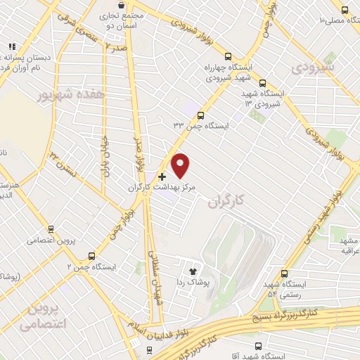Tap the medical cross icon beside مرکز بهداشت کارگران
pyautogui.click(x=162, y=176)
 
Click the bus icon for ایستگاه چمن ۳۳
pyautogui.click(x=200, y=115)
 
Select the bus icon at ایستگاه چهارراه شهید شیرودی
pyautogui.click(x=227, y=57)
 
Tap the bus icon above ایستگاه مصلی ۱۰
pyautogui.click(x=345, y=9)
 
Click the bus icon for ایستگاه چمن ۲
pyautogui.click(x=91, y=256)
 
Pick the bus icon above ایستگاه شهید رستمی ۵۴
pyautogui.click(x=284, y=274)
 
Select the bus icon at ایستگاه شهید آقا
pyautogui.click(x=258, y=346)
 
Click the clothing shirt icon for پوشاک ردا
pyautogui.click(x=192, y=270)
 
